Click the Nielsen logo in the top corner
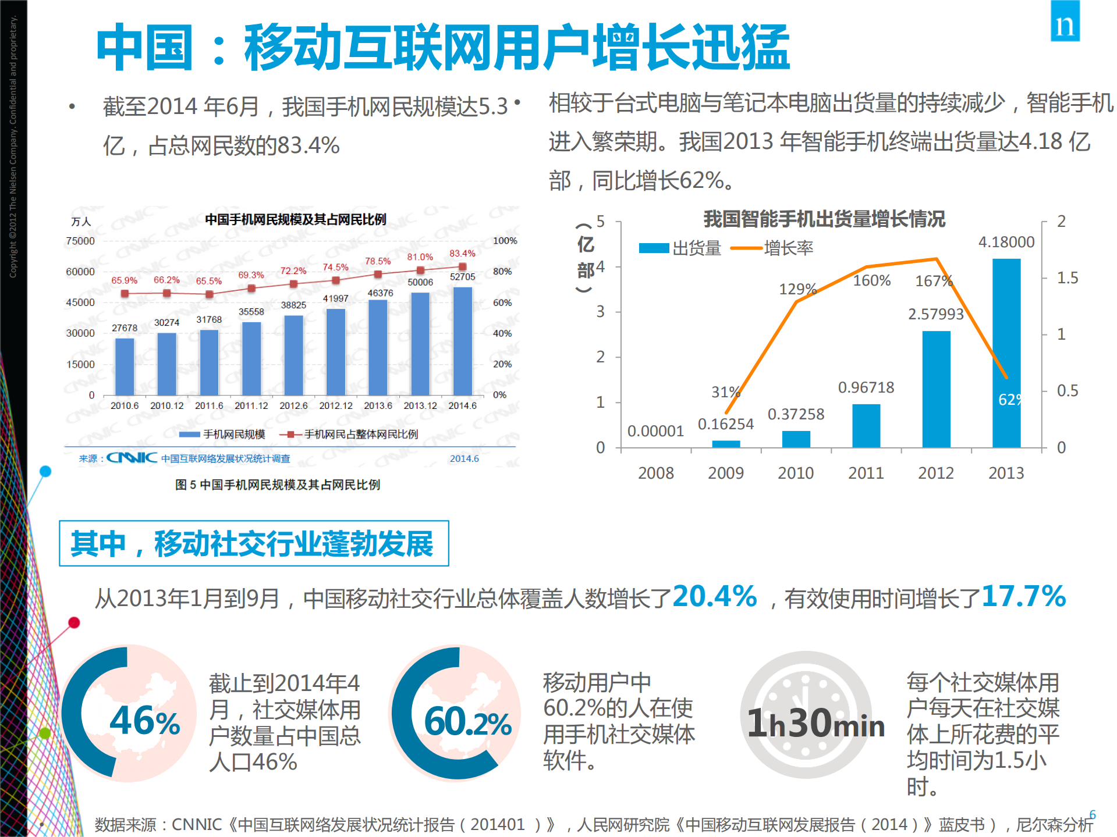click(x=1065, y=22)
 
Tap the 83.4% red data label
click(x=462, y=254)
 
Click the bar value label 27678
click(x=125, y=328)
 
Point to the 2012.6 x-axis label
click(x=293, y=405)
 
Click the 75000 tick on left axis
click(x=80, y=241)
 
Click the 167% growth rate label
click(x=933, y=281)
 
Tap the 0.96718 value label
click(x=866, y=387)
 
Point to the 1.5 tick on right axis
click(x=1067, y=278)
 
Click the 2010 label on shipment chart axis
click(x=796, y=473)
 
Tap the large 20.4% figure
click(x=714, y=596)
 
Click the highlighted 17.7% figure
click(x=1023, y=596)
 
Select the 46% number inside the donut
click(x=145, y=721)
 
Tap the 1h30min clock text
click(x=815, y=724)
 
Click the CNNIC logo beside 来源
click(x=132, y=458)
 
